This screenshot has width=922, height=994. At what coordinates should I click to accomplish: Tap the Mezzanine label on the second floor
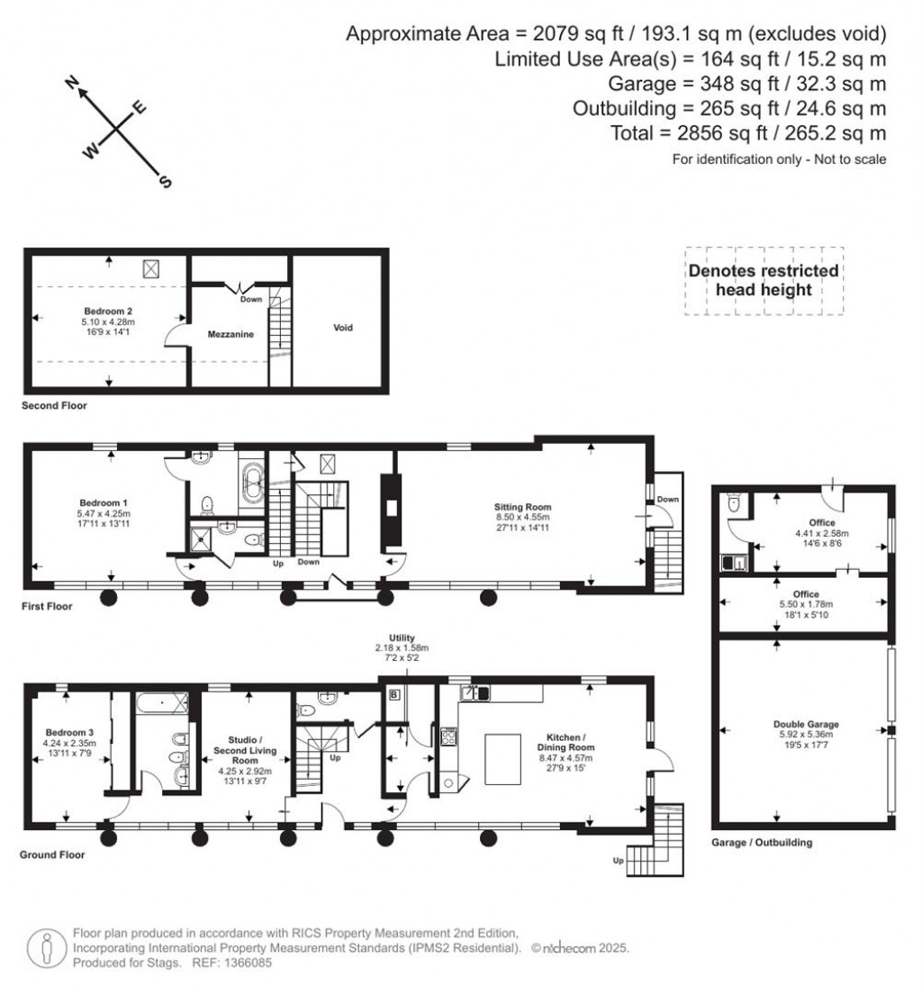pos(231,334)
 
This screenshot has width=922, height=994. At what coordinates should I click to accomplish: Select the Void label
pos(342,328)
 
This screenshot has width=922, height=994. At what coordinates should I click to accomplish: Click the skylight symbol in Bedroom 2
pos(151,267)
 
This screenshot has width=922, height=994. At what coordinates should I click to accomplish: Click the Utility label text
pos(402,637)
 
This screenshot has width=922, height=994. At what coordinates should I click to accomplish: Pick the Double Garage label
pos(805,724)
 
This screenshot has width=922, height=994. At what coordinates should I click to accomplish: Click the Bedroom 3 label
pos(62,735)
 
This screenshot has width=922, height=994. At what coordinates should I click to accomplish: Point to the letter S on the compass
pos(164,182)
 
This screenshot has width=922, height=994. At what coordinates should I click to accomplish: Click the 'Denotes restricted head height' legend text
pos(763,280)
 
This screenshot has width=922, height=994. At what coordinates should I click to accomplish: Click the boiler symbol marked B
pos(393,695)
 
